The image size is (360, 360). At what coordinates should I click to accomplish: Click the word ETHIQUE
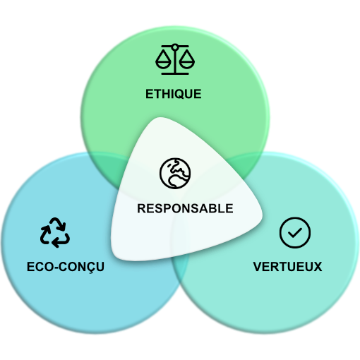pyautogui.click(x=174, y=94)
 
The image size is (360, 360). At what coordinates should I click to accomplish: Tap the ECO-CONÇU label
pyautogui.click(x=66, y=268)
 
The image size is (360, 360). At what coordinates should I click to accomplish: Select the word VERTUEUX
pyautogui.click(x=287, y=267)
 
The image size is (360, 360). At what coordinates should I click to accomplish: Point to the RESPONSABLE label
pyautogui.click(x=185, y=208)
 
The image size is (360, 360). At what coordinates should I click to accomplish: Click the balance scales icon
pyautogui.click(x=175, y=59)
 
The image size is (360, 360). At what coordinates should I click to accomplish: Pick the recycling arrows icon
pyautogui.click(x=54, y=232)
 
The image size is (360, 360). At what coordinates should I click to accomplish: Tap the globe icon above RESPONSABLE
pyautogui.click(x=175, y=173)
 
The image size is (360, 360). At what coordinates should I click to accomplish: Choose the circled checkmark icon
pyautogui.click(x=295, y=232)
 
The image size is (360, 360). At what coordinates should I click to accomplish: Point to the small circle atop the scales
pyautogui.click(x=175, y=47)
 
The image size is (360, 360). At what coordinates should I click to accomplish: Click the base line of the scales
pyautogui.click(x=175, y=73)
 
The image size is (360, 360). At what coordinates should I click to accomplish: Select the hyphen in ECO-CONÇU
pyautogui.click(x=55, y=268)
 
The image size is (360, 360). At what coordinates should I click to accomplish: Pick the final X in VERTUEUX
pyautogui.click(x=317, y=267)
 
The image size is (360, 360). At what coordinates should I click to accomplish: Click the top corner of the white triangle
pyautogui.click(x=161, y=119)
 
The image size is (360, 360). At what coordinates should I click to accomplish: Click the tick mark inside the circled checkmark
pyautogui.click(x=295, y=233)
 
